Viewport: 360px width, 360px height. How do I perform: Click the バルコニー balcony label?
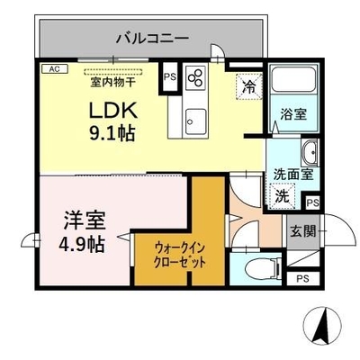[153, 39]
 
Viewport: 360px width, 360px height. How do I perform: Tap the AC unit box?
[55, 69]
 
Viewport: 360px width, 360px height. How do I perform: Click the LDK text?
[112, 111]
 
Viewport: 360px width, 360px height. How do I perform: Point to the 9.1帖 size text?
[112, 132]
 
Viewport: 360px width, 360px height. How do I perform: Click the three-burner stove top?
[196, 77]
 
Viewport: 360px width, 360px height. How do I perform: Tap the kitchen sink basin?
[196, 121]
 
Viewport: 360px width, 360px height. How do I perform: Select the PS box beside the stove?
[170, 76]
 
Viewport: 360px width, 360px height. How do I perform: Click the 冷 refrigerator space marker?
[249, 86]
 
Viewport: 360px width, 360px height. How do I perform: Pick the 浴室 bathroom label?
[293, 114]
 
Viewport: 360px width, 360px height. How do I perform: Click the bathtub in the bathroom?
[293, 78]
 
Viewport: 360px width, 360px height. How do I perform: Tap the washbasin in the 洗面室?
[310, 153]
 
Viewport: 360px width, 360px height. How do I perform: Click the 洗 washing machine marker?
[283, 195]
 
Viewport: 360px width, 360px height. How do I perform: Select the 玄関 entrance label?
[303, 231]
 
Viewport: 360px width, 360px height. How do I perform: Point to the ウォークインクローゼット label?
[179, 256]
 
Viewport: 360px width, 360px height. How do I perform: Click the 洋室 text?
[84, 220]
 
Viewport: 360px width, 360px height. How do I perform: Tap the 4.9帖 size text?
[82, 245]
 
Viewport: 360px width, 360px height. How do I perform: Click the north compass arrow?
[322, 325]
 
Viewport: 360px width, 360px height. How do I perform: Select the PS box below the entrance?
[302, 279]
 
